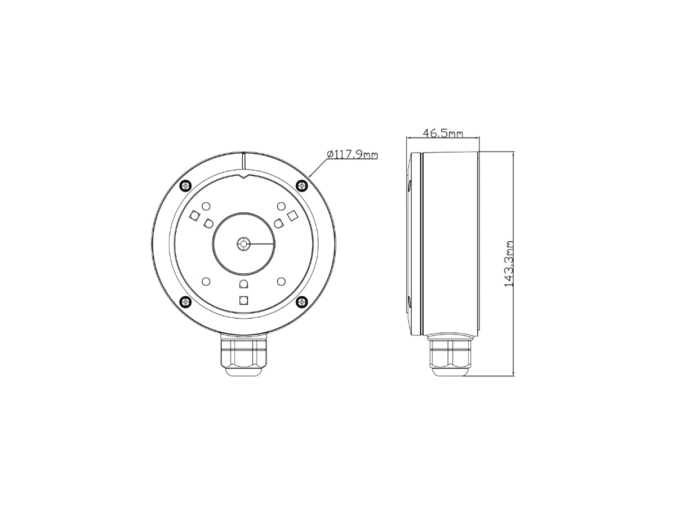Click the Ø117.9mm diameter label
tap(352, 154)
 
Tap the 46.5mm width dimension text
tap(443, 134)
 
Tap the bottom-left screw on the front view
tap(184, 302)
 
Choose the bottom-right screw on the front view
tap(302, 302)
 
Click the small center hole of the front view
tap(243, 244)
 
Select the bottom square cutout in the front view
tap(243, 300)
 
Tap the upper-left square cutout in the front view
tap(195, 215)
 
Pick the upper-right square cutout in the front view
tap(292, 215)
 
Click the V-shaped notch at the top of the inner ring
tap(243, 177)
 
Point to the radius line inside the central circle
tap(260, 244)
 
